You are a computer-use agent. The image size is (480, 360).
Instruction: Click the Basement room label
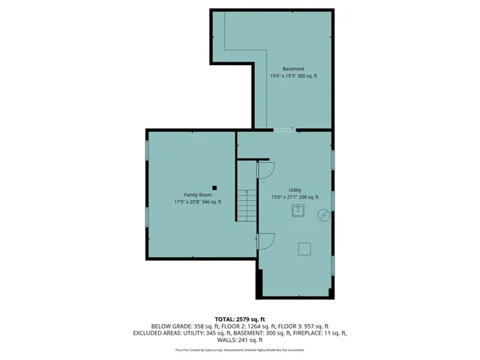pyautogui.click(x=294, y=69)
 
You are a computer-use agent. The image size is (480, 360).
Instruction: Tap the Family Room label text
pyautogui.click(x=197, y=194)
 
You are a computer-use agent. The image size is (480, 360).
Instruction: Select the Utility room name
pyautogui.click(x=295, y=190)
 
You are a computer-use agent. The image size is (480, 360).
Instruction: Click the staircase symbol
pyautogui.click(x=247, y=205)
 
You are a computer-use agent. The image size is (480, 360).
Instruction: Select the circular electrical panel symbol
pyautogui.click(x=323, y=215)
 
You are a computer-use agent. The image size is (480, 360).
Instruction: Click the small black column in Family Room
pyautogui.click(x=214, y=187)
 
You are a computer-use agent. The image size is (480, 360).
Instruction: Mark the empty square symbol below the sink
pyautogui.click(x=304, y=248)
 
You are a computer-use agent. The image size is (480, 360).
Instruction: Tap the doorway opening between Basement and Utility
pyautogui.click(x=284, y=130)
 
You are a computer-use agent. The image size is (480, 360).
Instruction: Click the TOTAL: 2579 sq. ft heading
pyautogui.click(x=240, y=319)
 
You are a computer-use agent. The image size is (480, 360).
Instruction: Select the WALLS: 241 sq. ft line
pyautogui.click(x=240, y=340)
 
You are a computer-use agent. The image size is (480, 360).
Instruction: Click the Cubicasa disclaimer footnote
pyautogui.click(x=240, y=349)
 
